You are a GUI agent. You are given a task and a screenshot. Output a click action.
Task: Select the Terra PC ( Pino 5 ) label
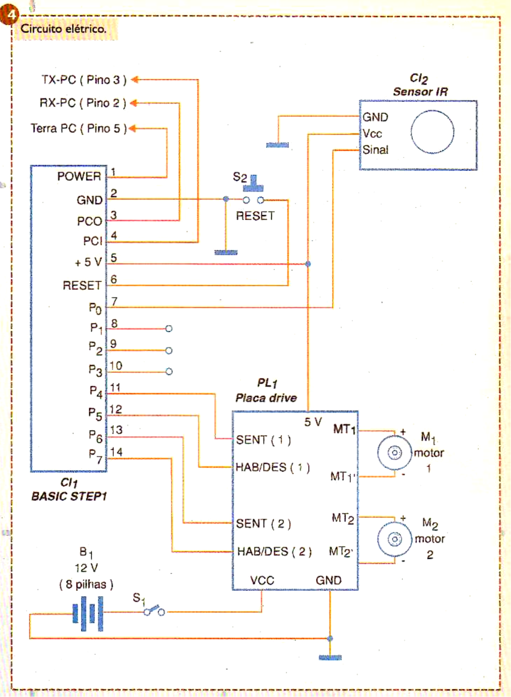79,128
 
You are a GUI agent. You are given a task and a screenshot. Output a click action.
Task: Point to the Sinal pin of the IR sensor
375,149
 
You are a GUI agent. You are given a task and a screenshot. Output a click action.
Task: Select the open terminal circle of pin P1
169,329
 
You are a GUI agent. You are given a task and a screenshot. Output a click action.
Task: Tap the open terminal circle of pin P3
169,371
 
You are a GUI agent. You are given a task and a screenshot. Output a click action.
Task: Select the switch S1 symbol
153,612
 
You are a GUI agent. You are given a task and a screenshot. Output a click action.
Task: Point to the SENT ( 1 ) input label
263,440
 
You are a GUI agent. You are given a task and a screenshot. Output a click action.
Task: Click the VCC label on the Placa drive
262,580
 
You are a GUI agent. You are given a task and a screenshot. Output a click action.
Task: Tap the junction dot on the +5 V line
307,264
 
